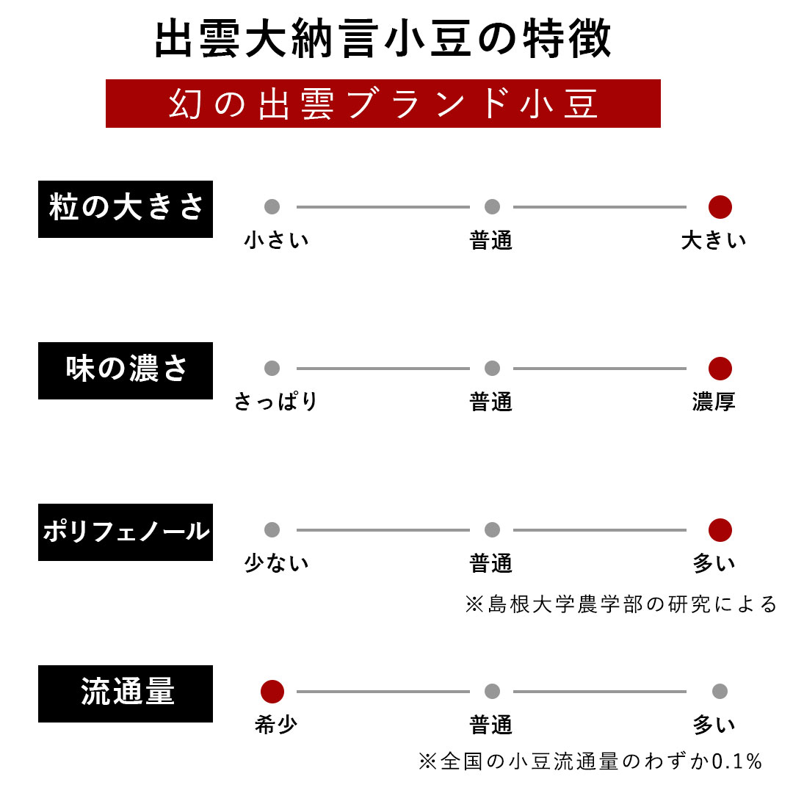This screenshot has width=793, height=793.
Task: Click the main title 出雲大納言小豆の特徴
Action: [x=383, y=38]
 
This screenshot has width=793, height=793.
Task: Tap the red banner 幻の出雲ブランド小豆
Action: [x=383, y=104]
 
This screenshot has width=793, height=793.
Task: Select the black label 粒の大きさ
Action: [x=126, y=209]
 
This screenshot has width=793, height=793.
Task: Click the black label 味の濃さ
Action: [x=126, y=371]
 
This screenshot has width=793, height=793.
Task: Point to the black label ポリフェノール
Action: [x=126, y=532]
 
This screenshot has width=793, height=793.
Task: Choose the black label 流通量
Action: [x=126, y=693]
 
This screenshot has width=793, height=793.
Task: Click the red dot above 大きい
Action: [x=720, y=207]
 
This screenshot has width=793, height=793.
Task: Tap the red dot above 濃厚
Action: [x=720, y=368]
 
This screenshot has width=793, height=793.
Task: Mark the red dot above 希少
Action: [x=272, y=692]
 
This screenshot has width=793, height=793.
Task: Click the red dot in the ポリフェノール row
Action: [x=720, y=530]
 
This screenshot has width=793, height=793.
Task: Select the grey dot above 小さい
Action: [x=272, y=206]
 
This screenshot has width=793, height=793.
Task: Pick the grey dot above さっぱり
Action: [x=272, y=368]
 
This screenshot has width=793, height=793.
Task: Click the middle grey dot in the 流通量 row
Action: [x=492, y=692]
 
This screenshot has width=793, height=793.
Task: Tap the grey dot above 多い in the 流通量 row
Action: [x=720, y=692]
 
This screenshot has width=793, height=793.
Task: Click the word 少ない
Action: [x=276, y=563]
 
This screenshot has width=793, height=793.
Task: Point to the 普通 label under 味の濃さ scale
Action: [x=491, y=402]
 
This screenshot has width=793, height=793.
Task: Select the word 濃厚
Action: [x=714, y=402]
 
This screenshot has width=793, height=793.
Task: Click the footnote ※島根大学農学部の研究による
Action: [x=621, y=604]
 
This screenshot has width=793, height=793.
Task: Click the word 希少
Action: [x=276, y=725]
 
